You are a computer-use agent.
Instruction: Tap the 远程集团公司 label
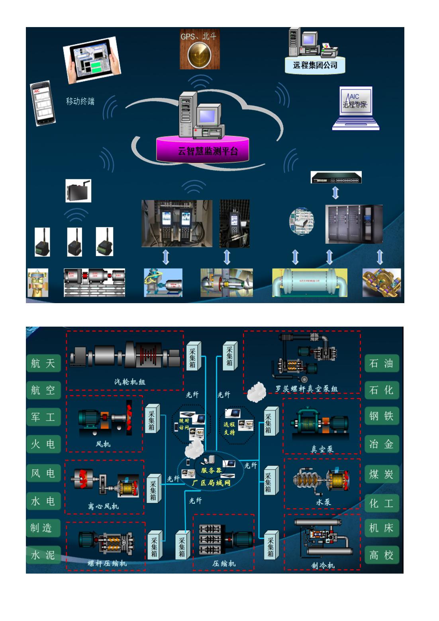coord(315,65)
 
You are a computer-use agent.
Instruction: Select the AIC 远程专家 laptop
coord(355,108)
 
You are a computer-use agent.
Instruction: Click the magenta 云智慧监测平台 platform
coord(208,151)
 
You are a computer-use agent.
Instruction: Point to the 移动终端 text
coord(80,101)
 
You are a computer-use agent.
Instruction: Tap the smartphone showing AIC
coord(43,104)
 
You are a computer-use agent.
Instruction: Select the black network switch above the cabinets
coord(336,177)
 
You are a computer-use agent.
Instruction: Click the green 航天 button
coord(43,363)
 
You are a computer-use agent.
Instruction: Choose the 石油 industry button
coord(381,363)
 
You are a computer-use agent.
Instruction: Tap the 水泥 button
coord(43,555)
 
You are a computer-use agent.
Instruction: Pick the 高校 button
coord(381,555)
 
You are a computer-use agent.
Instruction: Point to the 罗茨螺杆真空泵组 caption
coord(306,389)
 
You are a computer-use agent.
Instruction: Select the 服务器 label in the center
coord(211,470)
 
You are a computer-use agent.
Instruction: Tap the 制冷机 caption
coord(323,565)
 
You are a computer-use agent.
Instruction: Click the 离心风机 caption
coord(103,506)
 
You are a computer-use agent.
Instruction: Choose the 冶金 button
coord(381,444)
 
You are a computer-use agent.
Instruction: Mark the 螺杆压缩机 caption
coord(107,563)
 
